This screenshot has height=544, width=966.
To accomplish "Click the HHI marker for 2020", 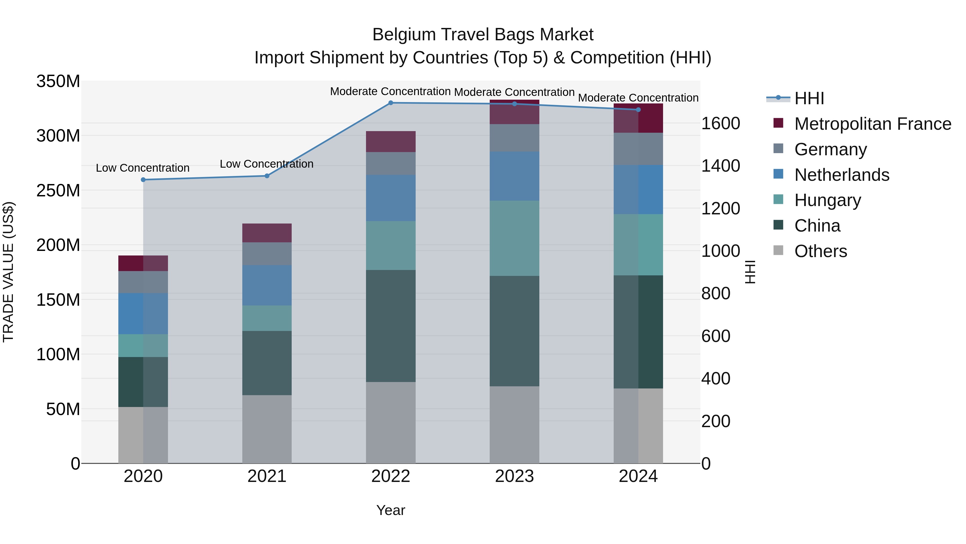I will pos(143,180).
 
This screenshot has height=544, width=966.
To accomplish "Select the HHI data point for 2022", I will pos(390,103).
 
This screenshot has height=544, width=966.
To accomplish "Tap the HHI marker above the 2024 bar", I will pos(638,110).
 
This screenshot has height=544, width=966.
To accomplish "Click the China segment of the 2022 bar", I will pos(390,326).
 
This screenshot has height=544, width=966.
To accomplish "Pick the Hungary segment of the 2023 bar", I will pos(514,238).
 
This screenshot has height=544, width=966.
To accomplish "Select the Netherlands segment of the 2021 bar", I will pos(267,285).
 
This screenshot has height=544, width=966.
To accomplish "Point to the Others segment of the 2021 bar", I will pos(267,429).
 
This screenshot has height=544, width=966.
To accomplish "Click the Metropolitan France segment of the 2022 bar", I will pos(390,142).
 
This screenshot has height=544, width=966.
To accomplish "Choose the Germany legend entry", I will pos(830,149).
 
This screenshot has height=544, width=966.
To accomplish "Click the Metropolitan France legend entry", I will pos(872,124).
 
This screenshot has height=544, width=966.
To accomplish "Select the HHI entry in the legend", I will pos(809,98).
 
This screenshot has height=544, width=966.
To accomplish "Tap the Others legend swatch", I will pos(778,250).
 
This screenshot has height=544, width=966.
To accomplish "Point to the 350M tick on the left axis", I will pos(58,81).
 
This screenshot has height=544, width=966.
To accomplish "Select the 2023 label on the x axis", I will pos(514,476).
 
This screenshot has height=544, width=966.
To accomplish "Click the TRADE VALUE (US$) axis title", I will pos(8,272).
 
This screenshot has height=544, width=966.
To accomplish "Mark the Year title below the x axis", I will pos(390,510).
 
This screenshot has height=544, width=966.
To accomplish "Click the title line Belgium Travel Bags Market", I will pos(483,35).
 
